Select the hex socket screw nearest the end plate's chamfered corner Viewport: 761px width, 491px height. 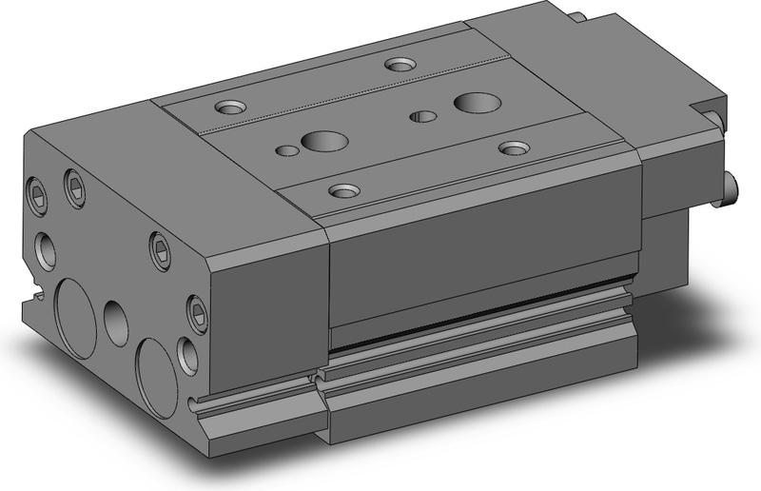pos(159,249)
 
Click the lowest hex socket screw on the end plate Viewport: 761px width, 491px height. pos(197,310)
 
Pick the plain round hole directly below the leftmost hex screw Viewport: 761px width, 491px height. pos(45,250)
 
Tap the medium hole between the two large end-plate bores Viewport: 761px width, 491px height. pos(116,324)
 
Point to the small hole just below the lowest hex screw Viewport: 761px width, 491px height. pos(189,355)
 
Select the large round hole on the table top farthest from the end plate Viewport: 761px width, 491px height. pos(472,102)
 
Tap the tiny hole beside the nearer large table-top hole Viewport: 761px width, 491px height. pos(285,149)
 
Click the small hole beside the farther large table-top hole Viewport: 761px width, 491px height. pos(422,116)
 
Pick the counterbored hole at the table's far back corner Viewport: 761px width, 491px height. pos(400,65)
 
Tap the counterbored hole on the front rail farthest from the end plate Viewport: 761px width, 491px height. pos(514,147)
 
